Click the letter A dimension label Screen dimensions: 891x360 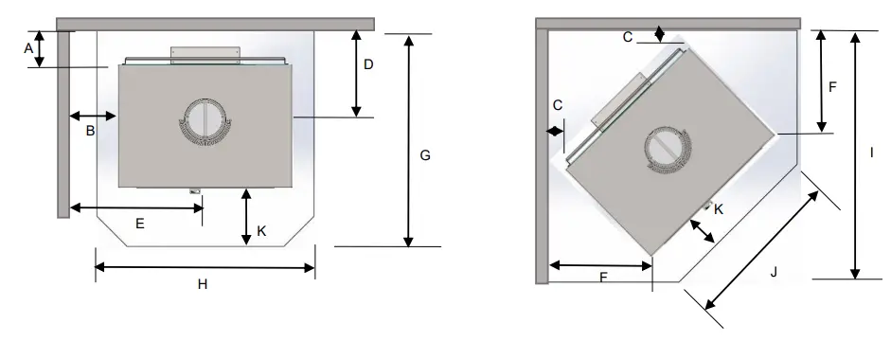coord(28,49)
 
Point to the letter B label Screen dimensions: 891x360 coord(90,131)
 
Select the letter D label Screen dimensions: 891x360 coord(368,64)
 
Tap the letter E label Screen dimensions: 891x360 coord(140,224)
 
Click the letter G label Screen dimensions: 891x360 coord(425,154)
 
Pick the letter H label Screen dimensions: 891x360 coord(203,284)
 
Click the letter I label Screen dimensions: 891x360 coord(872,153)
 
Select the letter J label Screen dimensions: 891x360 coord(774,273)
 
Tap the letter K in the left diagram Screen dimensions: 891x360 coord(261,231)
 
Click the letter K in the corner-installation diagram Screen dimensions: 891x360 coord(719,209)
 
